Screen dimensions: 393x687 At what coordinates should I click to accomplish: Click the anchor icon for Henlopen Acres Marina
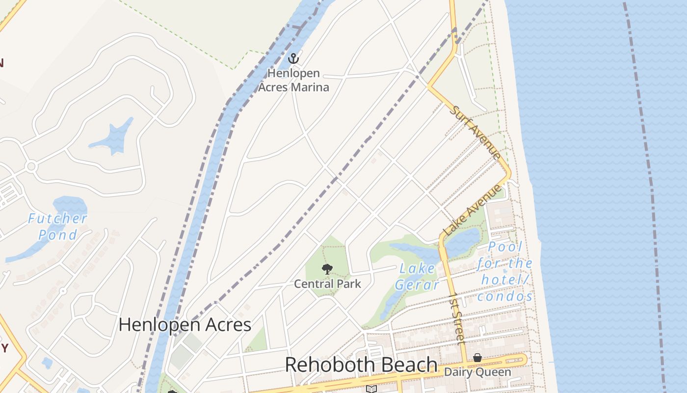pos(293,58)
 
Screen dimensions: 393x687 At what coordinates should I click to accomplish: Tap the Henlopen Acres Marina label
pos(293,81)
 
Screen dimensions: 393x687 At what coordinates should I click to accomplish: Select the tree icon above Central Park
pos(327,269)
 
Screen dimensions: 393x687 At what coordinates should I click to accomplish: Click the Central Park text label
pos(327,284)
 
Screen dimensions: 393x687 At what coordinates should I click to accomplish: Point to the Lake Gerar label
pos(417,277)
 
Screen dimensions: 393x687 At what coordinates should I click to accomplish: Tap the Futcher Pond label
pos(58,226)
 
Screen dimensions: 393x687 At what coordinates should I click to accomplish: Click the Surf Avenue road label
pos(476,132)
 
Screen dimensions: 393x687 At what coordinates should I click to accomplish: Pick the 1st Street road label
pos(457,318)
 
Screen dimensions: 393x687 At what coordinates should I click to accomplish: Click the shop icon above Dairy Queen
pos(477,358)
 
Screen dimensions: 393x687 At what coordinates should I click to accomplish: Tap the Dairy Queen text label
pos(477,372)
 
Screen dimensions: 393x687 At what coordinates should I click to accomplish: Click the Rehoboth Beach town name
pos(361,365)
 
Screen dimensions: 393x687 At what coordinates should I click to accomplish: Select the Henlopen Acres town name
pos(185,325)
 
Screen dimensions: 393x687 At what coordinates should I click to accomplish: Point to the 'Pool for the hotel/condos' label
pos(505,272)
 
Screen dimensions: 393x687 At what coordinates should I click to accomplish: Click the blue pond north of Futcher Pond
pos(113,137)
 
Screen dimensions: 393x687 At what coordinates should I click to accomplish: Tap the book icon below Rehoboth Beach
pos(371,389)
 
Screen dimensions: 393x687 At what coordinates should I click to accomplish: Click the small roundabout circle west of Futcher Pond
pos(31,167)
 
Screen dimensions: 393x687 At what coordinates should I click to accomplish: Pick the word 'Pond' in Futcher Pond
pos(58,235)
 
